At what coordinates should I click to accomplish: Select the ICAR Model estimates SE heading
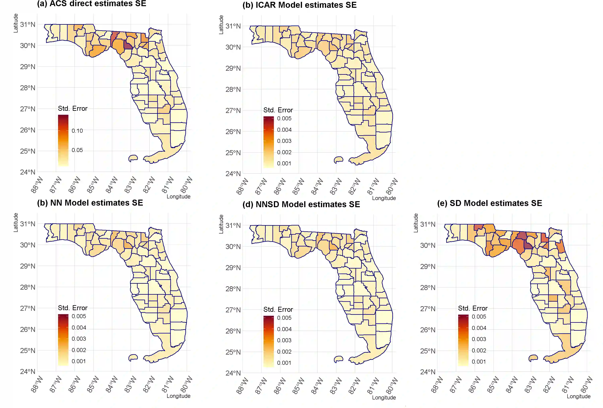(x=299, y=5)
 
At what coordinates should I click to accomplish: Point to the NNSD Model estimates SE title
(x=301, y=205)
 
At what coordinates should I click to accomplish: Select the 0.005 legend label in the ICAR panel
(x=284, y=119)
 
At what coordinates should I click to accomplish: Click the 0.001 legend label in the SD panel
(x=479, y=362)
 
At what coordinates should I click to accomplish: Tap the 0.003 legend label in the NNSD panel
(x=284, y=340)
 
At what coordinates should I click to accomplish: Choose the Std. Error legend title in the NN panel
(x=73, y=308)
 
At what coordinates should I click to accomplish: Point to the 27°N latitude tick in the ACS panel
(x=28, y=109)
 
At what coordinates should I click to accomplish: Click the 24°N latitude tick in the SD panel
(x=428, y=372)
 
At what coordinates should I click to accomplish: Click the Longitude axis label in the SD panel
(x=578, y=396)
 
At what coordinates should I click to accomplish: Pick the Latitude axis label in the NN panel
(x=16, y=222)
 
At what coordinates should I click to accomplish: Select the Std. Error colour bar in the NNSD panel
(x=268, y=341)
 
